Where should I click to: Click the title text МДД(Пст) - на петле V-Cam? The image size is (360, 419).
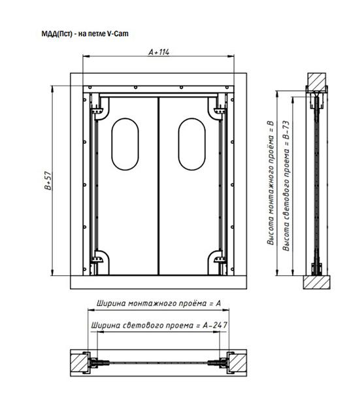pos(85,34)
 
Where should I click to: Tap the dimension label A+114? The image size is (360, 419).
pos(159,52)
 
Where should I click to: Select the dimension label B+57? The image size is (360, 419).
pos(48,180)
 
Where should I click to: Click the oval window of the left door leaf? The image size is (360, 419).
pos(125,144)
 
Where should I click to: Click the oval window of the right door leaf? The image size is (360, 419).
pos(191,144)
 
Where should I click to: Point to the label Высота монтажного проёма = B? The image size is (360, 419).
pos(270,183)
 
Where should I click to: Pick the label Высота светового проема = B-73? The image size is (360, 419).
pos(286,186)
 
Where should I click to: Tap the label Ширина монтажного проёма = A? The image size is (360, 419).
pos(159,303)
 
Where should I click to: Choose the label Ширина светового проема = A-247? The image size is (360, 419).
pos(159,326)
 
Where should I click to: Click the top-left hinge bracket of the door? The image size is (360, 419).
pos(97,110)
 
